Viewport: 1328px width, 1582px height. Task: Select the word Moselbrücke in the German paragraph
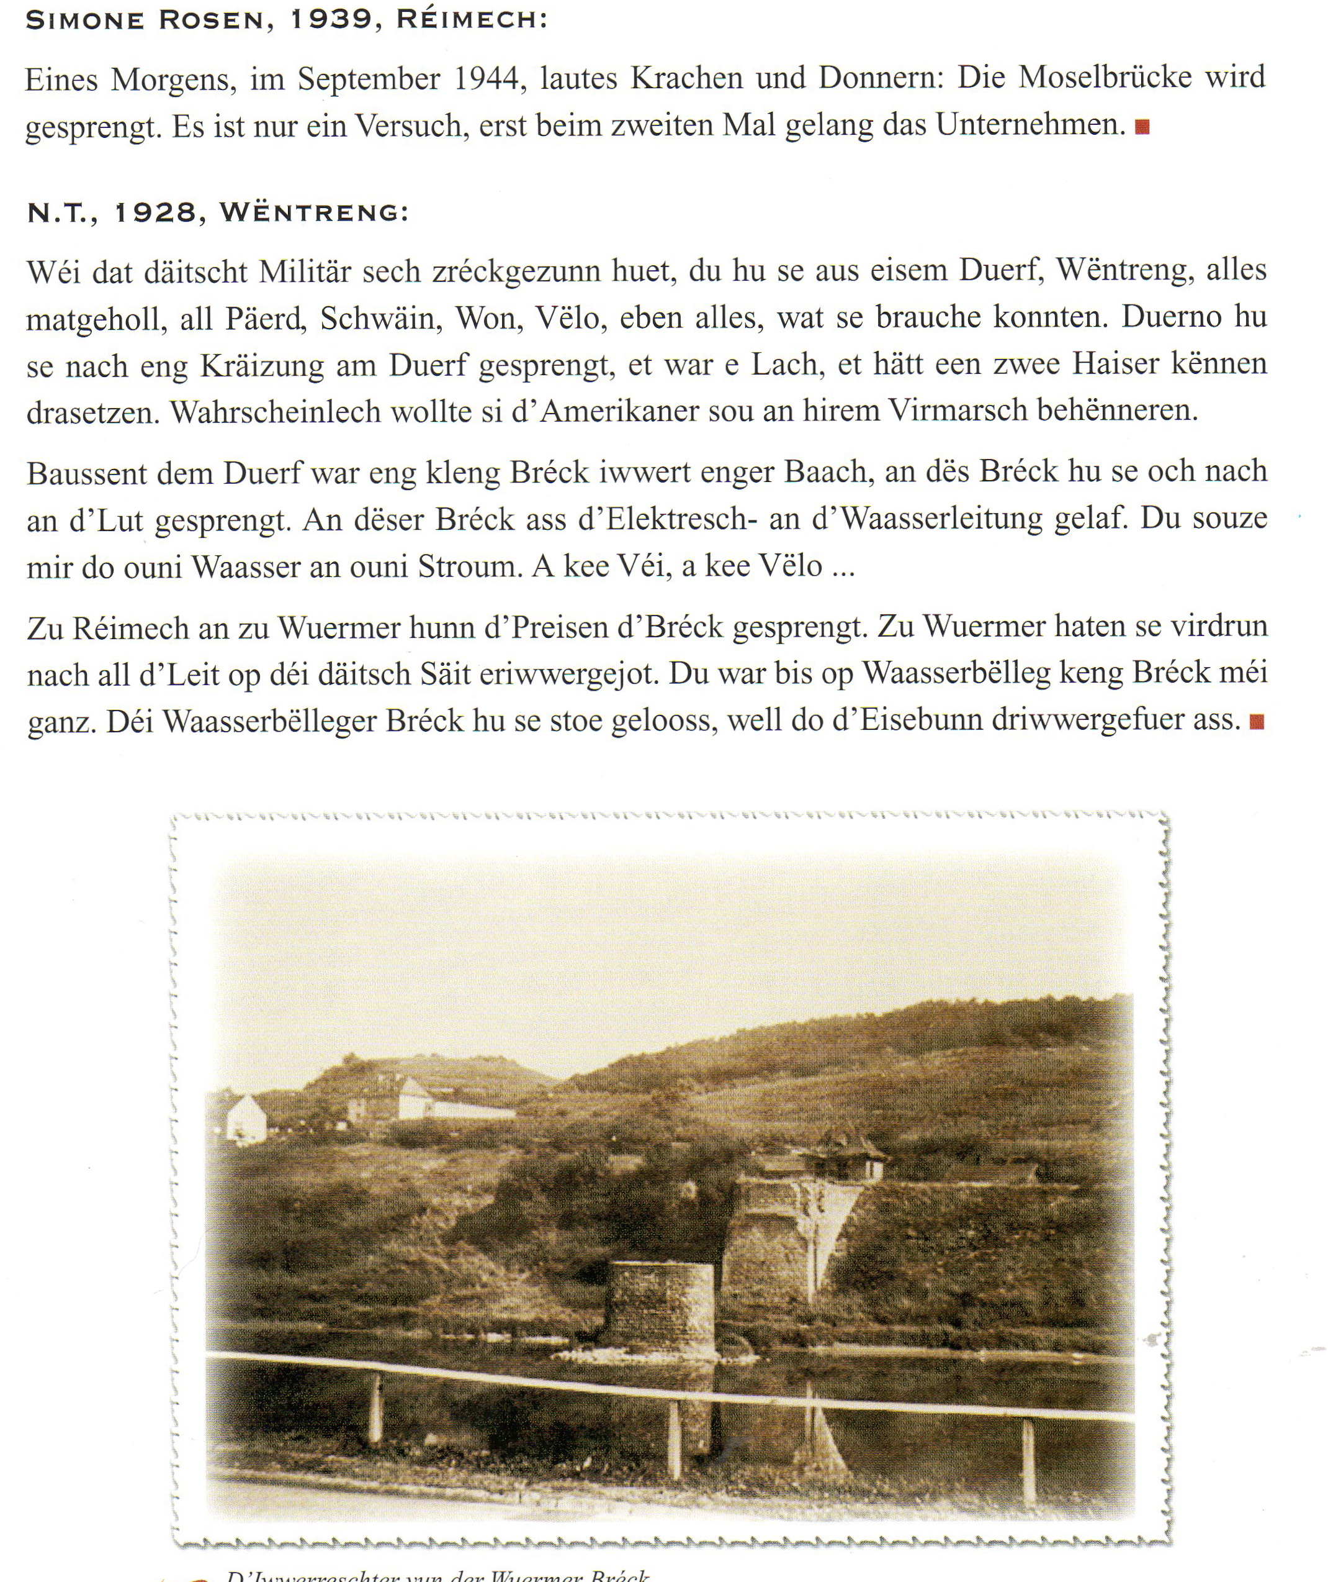tap(1106, 78)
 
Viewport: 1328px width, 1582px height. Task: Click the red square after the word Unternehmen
tap(1142, 127)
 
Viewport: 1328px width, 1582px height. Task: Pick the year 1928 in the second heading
tap(156, 213)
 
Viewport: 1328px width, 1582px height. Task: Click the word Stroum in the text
tap(470, 566)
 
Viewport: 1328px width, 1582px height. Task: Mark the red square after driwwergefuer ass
tap(1257, 722)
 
